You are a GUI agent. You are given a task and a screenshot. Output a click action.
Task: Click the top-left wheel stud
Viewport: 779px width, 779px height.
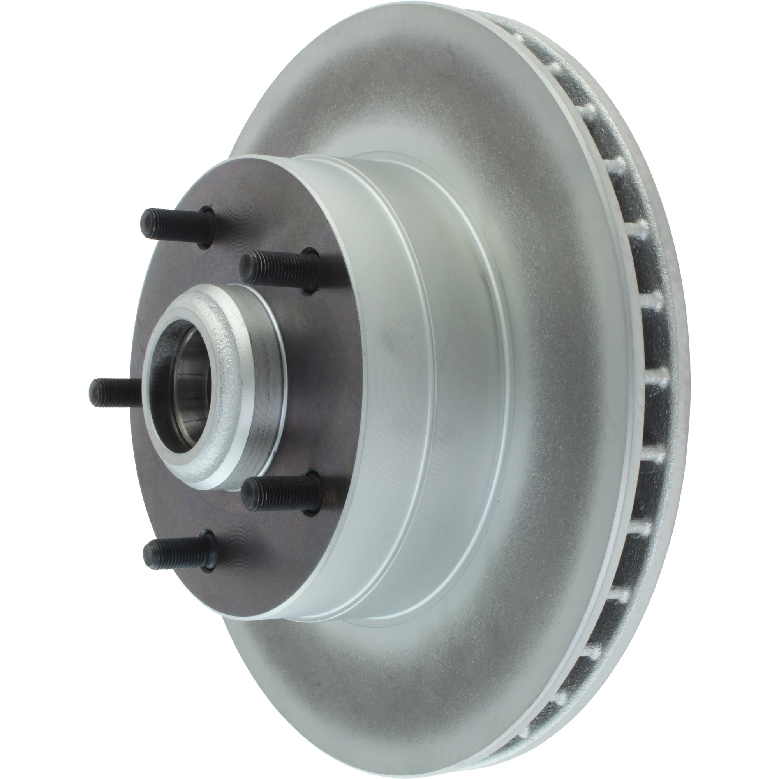[x=177, y=226]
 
